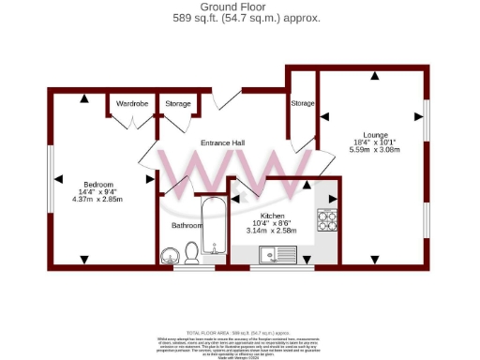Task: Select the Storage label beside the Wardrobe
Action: [x=177, y=103]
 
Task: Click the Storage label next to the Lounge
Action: [x=302, y=103]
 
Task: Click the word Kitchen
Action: [x=272, y=216]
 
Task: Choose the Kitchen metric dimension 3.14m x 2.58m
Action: [x=272, y=231]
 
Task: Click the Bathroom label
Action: [x=187, y=226]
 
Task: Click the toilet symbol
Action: [x=191, y=251]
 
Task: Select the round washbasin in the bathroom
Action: [x=171, y=254]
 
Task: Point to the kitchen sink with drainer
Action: [x=278, y=252]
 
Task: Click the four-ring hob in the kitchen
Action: [x=327, y=220]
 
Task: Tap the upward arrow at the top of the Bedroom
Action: [x=84, y=98]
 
